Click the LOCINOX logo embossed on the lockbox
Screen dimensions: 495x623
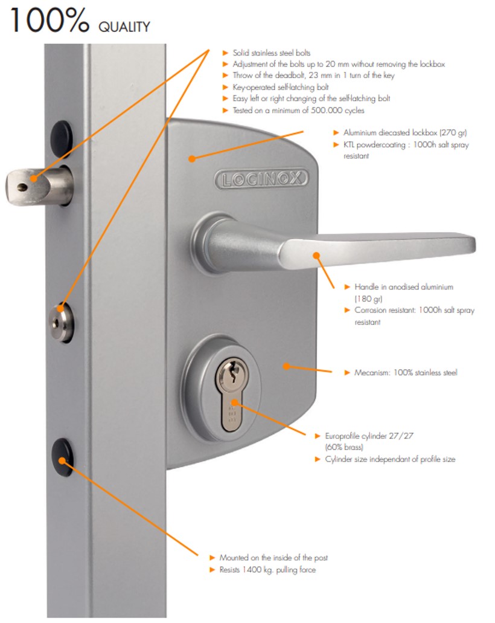click(x=261, y=179)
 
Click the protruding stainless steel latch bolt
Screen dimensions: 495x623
click(x=39, y=186)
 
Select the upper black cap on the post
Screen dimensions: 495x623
click(x=62, y=138)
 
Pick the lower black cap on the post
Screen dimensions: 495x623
click(x=62, y=457)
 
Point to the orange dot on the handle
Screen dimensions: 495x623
click(x=316, y=256)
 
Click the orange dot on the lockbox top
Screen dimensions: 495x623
click(x=192, y=158)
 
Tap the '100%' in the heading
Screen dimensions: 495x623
click(x=49, y=20)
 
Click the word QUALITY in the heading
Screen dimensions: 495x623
click(x=124, y=27)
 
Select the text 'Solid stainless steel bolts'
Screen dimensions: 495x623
click(x=272, y=53)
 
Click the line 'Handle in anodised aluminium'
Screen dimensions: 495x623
click(x=404, y=287)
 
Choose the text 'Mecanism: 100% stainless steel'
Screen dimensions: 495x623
click(x=406, y=373)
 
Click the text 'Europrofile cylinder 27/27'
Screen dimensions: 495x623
click(x=369, y=436)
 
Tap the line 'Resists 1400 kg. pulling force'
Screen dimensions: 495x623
click(x=267, y=570)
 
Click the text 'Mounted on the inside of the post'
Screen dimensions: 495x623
click(x=273, y=558)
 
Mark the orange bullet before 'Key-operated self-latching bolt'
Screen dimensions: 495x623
click(x=225, y=87)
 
